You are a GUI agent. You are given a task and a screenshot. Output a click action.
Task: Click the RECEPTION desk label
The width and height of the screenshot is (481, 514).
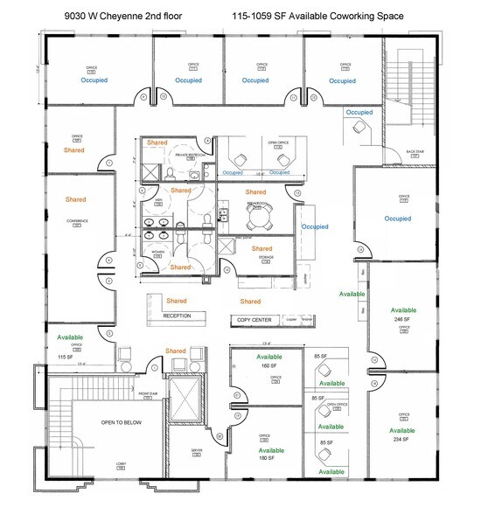pos(177,316)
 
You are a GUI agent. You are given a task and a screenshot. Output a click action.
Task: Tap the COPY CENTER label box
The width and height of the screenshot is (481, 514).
pos(255,320)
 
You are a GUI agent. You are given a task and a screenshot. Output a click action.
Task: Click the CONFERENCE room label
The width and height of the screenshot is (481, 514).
pos(77,221)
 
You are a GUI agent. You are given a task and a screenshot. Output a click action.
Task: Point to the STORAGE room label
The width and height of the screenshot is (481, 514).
pos(266,258)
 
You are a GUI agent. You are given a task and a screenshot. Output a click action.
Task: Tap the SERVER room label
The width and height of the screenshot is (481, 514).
pos(197,451)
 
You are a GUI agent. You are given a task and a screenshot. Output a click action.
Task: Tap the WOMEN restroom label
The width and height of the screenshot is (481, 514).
pos(158,252)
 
